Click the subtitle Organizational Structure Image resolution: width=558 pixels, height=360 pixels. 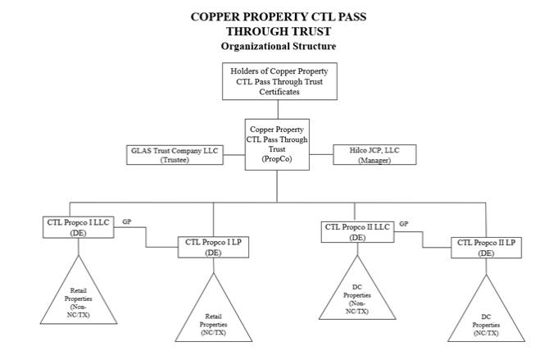[278, 46]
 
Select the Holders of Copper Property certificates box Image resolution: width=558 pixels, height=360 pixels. [279, 81]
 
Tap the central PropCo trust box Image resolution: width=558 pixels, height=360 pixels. [277, 144]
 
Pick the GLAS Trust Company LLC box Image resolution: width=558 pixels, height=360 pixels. [175, 155]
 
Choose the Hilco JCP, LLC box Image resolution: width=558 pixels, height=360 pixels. [374, 155]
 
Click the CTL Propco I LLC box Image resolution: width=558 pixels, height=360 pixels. [78, 227]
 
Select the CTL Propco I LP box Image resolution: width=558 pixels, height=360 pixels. [213, 247]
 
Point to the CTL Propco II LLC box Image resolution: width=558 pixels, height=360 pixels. [357, 232]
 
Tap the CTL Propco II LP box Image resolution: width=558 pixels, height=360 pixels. [486, 248]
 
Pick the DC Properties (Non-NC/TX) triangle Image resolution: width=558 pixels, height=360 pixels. [356, 298]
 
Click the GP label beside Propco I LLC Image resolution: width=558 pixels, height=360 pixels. [127, 221]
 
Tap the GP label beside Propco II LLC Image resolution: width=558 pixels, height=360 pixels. [404, 224]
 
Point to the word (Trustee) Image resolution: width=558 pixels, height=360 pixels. [175, 160]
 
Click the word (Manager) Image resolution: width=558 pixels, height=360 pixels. [374, 161]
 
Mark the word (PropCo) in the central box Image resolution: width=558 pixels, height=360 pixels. [277, 159]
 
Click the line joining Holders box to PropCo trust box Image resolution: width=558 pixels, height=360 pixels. [278, 109]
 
